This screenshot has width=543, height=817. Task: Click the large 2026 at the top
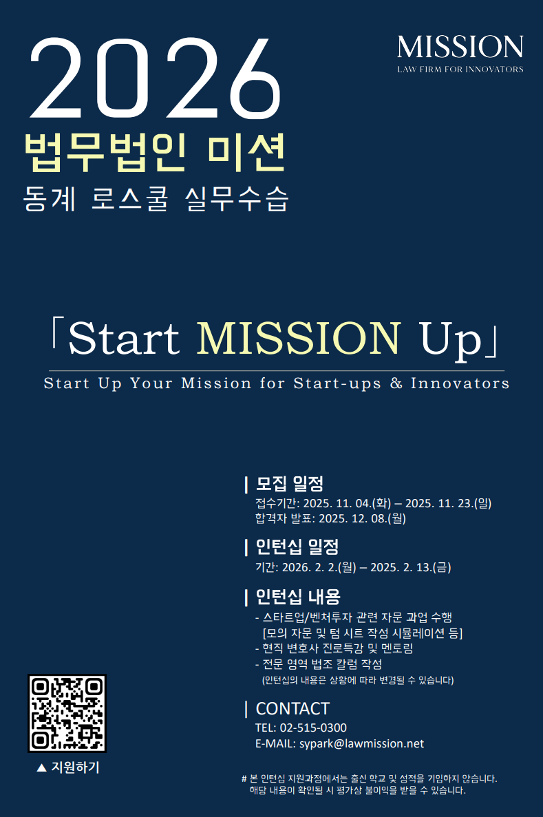tap(156, 78)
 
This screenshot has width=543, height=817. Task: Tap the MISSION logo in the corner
tap(460, 47)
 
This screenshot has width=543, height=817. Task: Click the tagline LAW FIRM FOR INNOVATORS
tap(460, 70)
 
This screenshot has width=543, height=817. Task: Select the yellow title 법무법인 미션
tap(156, 153)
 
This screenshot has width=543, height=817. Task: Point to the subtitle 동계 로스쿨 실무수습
tap(156, 198)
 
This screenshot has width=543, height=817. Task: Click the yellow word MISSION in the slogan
tap(299, 338)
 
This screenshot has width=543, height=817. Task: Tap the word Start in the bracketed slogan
tap(124, 339)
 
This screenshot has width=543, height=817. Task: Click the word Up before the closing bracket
tap(450, 341)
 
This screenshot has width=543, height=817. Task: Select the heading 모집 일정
tap(290, 484)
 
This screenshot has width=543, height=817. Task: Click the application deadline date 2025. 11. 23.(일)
tap(449, 503)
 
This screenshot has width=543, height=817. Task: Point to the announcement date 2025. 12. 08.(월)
tap(362, 518)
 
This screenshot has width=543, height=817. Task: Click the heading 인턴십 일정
tap(297, 547)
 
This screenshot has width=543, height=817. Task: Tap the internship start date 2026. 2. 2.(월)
tap(319, 567)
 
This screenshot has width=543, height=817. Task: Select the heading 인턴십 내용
tap(297, 597)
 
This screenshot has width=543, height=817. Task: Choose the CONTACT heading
tap(292, 709)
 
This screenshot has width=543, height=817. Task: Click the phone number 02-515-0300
tap(313, 728)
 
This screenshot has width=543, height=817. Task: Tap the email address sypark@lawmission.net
tap(361, 744)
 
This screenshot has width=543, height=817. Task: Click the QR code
tap(67, 713)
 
